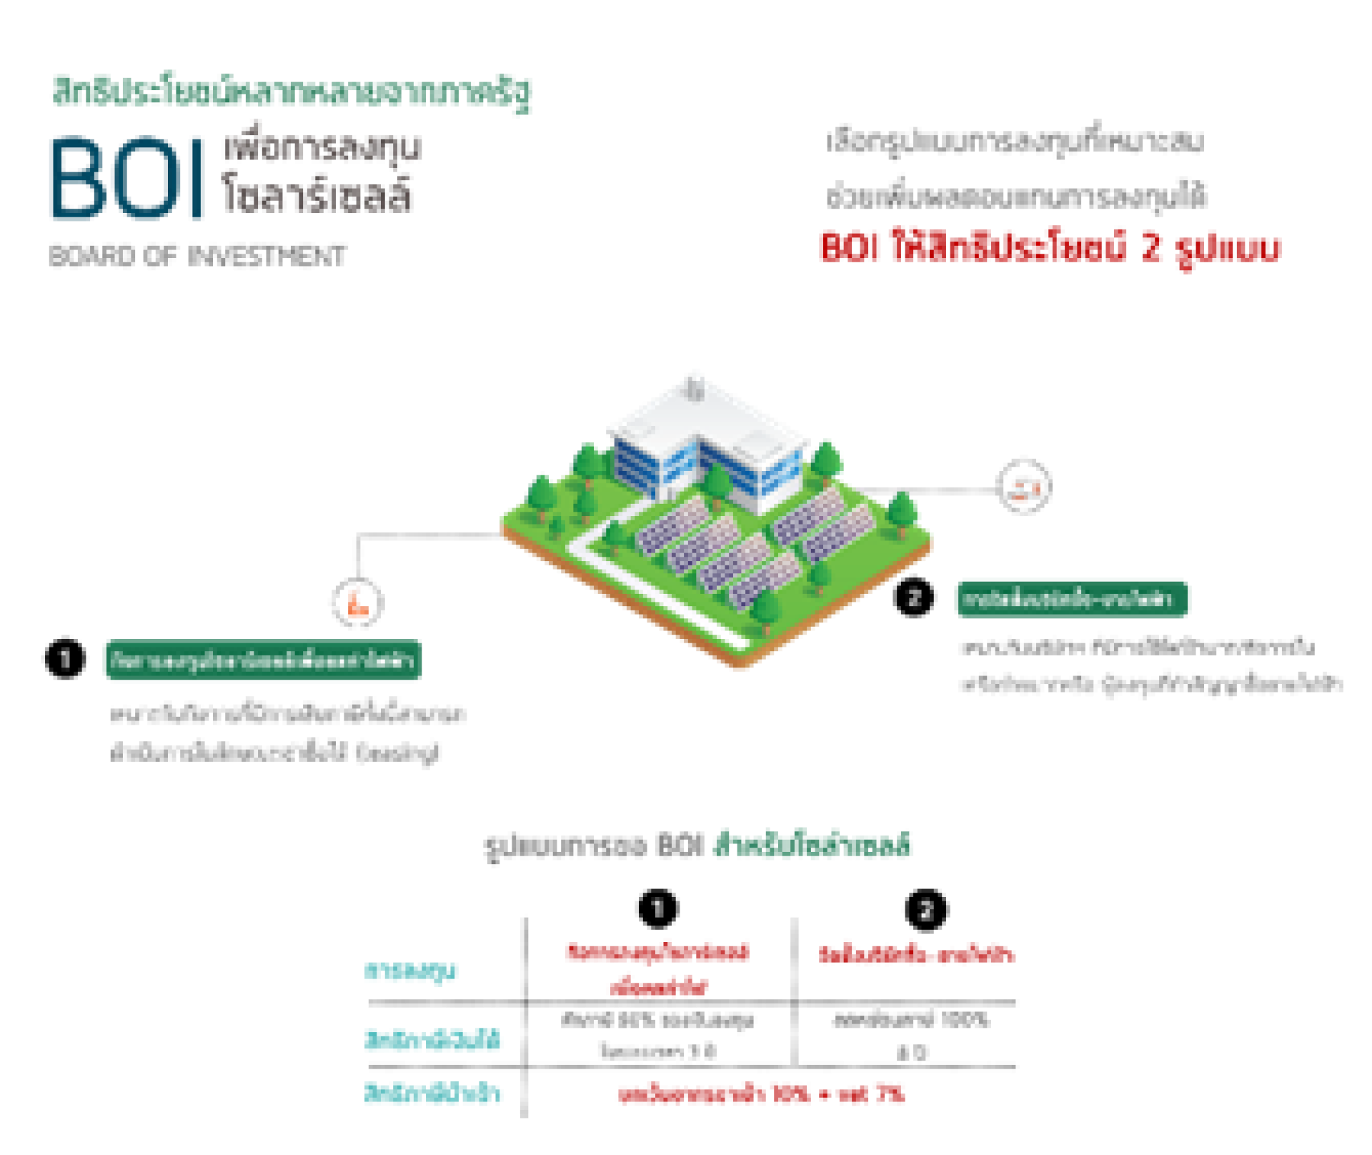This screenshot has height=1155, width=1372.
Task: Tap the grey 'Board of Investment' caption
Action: tap(197, 255)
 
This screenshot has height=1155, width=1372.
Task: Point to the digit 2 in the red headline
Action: tap(1152, 247)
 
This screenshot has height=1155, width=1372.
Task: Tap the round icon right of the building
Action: tap(1023, 487)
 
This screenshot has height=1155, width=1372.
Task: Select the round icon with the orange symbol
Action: tap(357, 603)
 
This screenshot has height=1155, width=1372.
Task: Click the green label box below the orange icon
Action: tap(262, 661)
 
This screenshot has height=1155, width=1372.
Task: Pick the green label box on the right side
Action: tap(1072, 598)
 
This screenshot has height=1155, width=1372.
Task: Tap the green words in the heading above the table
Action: tap(813, 846)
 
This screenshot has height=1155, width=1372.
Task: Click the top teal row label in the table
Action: tap(411, 972)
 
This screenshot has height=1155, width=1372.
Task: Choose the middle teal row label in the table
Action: tap(434, 1041)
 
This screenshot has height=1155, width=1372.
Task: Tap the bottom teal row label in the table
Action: tap(434, 1094)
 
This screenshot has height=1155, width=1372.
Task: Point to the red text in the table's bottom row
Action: tap(761, 1094)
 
